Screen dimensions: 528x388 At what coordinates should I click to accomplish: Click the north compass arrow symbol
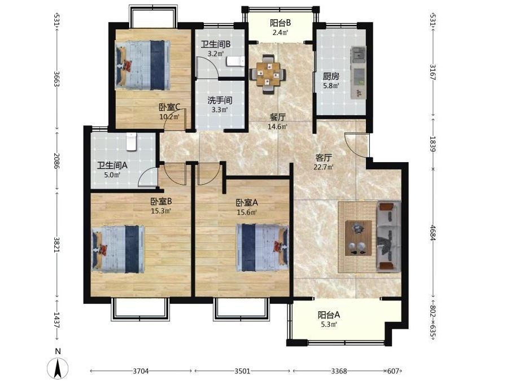pyautogui.click(x=58, y=368)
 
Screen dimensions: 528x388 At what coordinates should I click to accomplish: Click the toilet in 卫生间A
pyautogui.click(x=132, y=141)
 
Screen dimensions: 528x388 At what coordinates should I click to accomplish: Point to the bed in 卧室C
pyautogui.click(x=142, y=66)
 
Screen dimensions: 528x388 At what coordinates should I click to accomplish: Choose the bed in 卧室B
pyautogui.click(x=118, y=249)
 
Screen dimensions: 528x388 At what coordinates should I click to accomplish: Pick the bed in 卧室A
pyautogui.click(x=263, y=247)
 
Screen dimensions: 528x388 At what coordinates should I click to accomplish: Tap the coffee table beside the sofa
pyautogui.click(x=358, y=238)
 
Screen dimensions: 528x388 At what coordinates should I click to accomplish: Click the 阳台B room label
pyautogui.click(x=281, y=23)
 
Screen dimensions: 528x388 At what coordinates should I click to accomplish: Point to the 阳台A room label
pyautogui.click(x=329, y=315)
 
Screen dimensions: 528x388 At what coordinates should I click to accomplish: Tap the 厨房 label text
pyautogui.click(x=331, y=76)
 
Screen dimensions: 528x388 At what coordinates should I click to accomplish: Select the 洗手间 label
pyautogui.click(x=220, y=101)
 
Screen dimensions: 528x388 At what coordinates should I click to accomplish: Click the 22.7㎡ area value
pyautogui.click(x=324, y=167)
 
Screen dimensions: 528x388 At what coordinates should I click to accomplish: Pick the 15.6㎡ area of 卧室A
pyautogui.click(x=247, y=212)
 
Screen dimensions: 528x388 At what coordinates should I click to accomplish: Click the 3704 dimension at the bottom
pyautogui.click(x=141, y=371)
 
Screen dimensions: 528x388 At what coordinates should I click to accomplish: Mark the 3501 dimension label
pyautogui.click(x=242, y=371)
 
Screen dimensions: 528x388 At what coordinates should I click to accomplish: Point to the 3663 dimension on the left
pyautogui.click(x=57, y=79)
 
